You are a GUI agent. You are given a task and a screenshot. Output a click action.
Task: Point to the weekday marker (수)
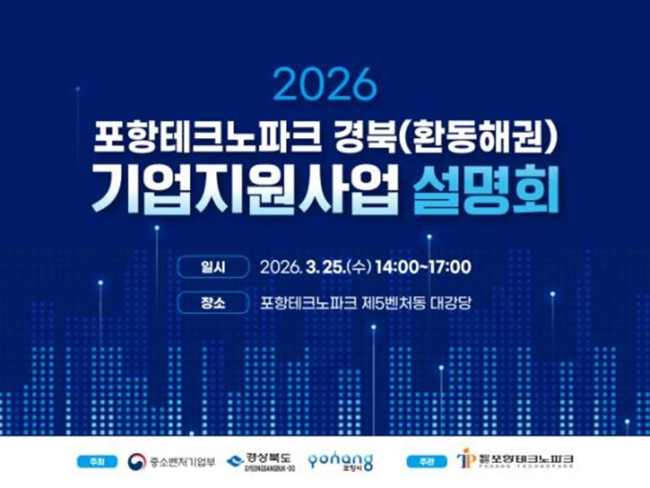pos(359,267)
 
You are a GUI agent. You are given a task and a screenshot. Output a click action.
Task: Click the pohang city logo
pos(340,461)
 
